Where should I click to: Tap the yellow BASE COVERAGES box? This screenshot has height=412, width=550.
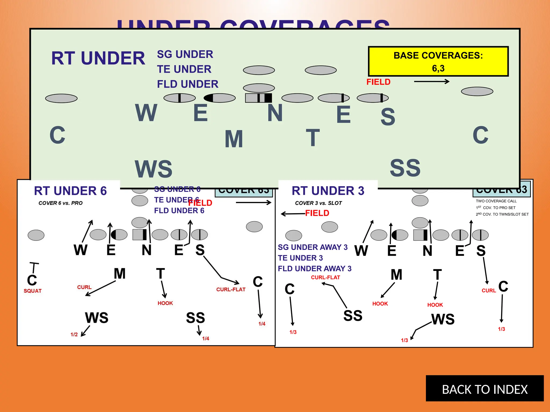pos(438,61)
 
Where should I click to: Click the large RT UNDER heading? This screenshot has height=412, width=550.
pos(98,58)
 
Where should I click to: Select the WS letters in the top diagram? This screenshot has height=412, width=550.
pos(153,169)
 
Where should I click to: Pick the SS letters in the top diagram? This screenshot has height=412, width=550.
pos(405,168)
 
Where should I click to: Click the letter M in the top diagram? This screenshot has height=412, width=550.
pos(234,139)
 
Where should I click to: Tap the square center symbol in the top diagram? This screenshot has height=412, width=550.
pos(258,98)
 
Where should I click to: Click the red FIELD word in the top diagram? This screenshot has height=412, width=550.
pos(378,82)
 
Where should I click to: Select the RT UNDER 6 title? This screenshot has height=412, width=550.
pos(70,191)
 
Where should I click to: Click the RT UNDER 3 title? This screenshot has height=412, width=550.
pos(328,191)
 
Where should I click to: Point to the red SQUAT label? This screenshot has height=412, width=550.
pos(32,291)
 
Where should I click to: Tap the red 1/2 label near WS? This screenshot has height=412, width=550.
pos(74,334)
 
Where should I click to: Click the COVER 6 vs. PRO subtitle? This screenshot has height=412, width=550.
pos(60,203)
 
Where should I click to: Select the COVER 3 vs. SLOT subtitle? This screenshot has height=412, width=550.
pos(318,203)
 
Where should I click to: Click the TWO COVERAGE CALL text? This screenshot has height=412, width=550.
pos(496,201)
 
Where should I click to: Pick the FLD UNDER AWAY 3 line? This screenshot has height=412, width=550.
pos(314,268)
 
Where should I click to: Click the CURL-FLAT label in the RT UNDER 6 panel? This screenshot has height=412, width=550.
pos(231,289)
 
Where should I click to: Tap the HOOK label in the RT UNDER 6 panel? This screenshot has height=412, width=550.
pos(165,303)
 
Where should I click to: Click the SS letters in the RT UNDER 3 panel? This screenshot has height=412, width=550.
pos(353,316)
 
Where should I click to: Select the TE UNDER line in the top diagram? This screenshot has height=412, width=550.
pos(184,69)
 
